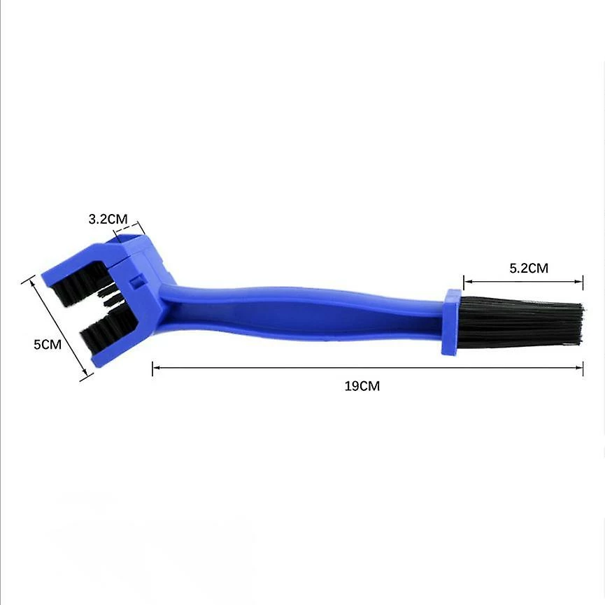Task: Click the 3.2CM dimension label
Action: (x=108, y=219)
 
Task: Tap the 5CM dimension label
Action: (x=48, y=344)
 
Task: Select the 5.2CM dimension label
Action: (x=529, y=268)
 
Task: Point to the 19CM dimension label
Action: (x=362, y=386)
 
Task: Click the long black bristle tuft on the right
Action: (x=521, y=322)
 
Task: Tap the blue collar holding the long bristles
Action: (x=450, y=322)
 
